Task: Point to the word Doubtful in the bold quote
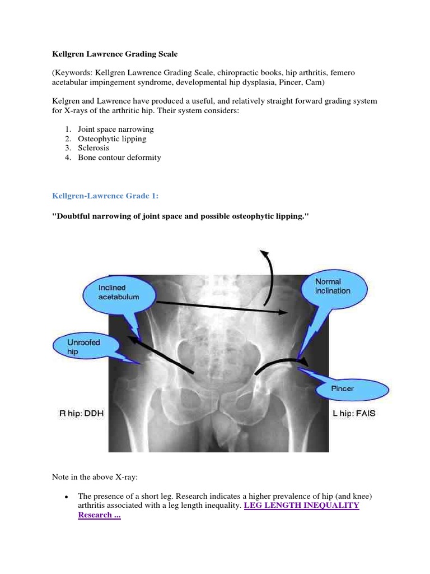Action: pyautogui.click(x=74, y=216)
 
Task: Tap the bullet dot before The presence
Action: pyautogui.click(x=66, y=497)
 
